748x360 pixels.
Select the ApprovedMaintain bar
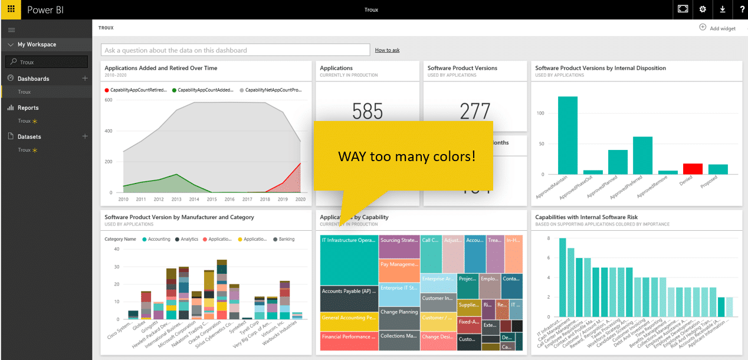[x=567, y=135]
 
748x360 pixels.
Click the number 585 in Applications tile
[x=367, y=112]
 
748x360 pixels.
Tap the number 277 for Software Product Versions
[x=474, y=112]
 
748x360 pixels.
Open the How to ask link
[x=387, y=50]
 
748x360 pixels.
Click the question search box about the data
[x=235, y=50]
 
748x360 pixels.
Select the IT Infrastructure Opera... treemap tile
[x=348, y=260]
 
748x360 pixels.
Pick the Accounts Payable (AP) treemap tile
[x=348, y=299]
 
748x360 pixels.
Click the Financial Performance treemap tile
[x=348, y=341]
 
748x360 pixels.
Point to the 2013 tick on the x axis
[x=177, y=199]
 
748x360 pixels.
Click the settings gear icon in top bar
[x=702, y=9]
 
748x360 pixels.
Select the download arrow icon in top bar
[x=723, y=9]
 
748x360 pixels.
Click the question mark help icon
[x=742, y=9]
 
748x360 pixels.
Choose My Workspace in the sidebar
[x=37, y=44]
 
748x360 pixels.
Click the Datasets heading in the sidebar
[x=29, y=136]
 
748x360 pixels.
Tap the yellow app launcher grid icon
[x=11, y=9]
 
